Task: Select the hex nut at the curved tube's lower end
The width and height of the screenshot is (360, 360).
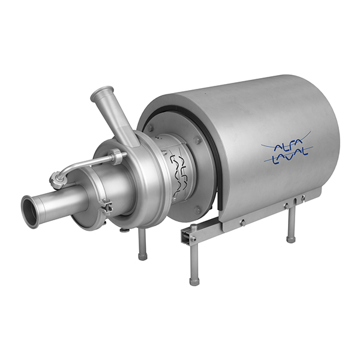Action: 57,180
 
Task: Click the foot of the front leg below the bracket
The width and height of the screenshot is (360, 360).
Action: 194,281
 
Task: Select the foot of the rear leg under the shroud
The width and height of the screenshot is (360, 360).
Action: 291,239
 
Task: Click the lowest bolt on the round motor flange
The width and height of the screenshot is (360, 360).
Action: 197,209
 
